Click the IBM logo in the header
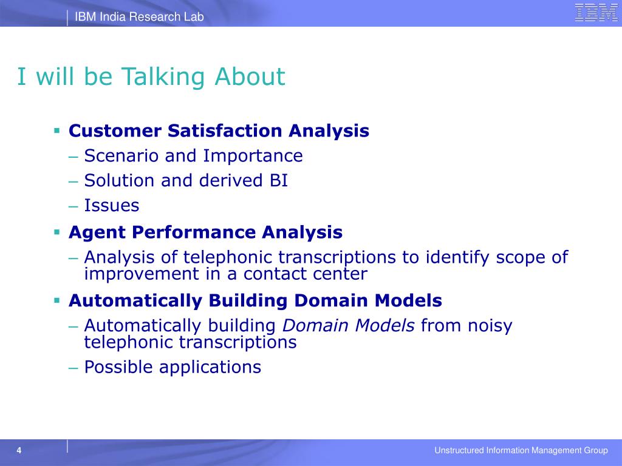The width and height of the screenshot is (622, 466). coord(596,12)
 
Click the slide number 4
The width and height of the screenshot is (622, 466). coord(19,451)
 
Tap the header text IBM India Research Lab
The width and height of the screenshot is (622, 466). coord(139,16)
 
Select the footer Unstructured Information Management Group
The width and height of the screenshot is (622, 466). coord(521,450)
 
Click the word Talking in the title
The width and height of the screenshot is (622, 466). coord(163,77)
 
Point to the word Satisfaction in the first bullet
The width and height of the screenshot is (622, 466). coord(225,130)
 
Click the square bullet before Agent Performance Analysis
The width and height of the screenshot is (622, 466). coord(57,232)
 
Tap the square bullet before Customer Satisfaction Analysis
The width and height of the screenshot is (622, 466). coord(57,130)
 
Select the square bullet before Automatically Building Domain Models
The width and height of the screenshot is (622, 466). coord(57,300)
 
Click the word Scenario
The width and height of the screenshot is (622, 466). coord(121,156)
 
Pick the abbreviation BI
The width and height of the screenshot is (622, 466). coord(279,180)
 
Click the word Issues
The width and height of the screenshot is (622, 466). coord(112,205)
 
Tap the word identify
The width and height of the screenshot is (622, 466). coord(458,257)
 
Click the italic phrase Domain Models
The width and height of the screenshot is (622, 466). coord(348,325)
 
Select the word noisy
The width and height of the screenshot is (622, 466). coord(490,326)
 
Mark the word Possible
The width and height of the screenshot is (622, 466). coord(118,367)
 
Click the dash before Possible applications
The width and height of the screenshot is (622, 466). coord(73,368)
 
